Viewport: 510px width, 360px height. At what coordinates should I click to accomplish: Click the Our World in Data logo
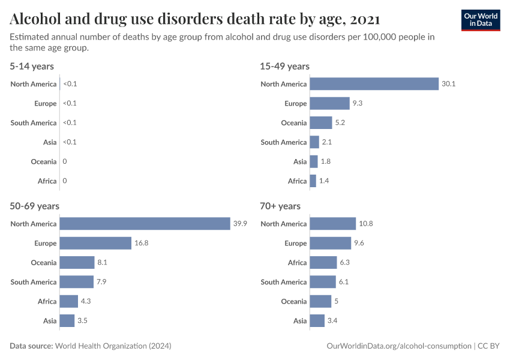pos(480,20)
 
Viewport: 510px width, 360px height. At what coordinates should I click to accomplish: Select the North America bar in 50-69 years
pos(145,224)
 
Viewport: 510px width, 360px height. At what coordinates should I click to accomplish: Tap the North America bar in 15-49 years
pos(374,84)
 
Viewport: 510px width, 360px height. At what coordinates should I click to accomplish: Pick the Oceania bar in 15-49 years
pos(321,122)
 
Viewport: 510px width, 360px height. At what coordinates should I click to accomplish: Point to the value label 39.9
pos(240,224)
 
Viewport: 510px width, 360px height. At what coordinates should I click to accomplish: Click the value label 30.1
pos(449,84)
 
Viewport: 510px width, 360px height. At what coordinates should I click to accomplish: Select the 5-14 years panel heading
pos(32,66)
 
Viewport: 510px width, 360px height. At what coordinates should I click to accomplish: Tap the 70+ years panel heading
pos(280,206)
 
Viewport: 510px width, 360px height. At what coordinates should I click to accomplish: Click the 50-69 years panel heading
pos(34,206)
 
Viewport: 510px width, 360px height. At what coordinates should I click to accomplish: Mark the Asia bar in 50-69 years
pos(67,321)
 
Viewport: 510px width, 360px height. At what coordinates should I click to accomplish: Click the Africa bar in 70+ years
pos(323,263)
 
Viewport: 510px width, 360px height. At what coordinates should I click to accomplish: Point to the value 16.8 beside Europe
pos(141,243)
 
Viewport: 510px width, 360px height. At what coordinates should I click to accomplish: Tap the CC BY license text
pos(489,346)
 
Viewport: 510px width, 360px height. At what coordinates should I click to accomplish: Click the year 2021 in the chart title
pos(364,19)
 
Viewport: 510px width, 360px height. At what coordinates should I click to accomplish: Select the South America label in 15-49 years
pos(283,142)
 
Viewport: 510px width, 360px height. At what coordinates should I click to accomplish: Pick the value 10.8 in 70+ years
pos(365,224)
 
